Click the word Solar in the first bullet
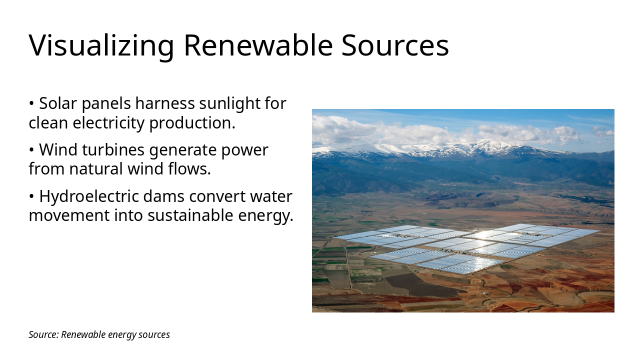click(x=55, y=103)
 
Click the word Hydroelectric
click(x=88, y=196)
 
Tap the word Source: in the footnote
click(x=43, y=334)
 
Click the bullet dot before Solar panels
click(x=31, y=104)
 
